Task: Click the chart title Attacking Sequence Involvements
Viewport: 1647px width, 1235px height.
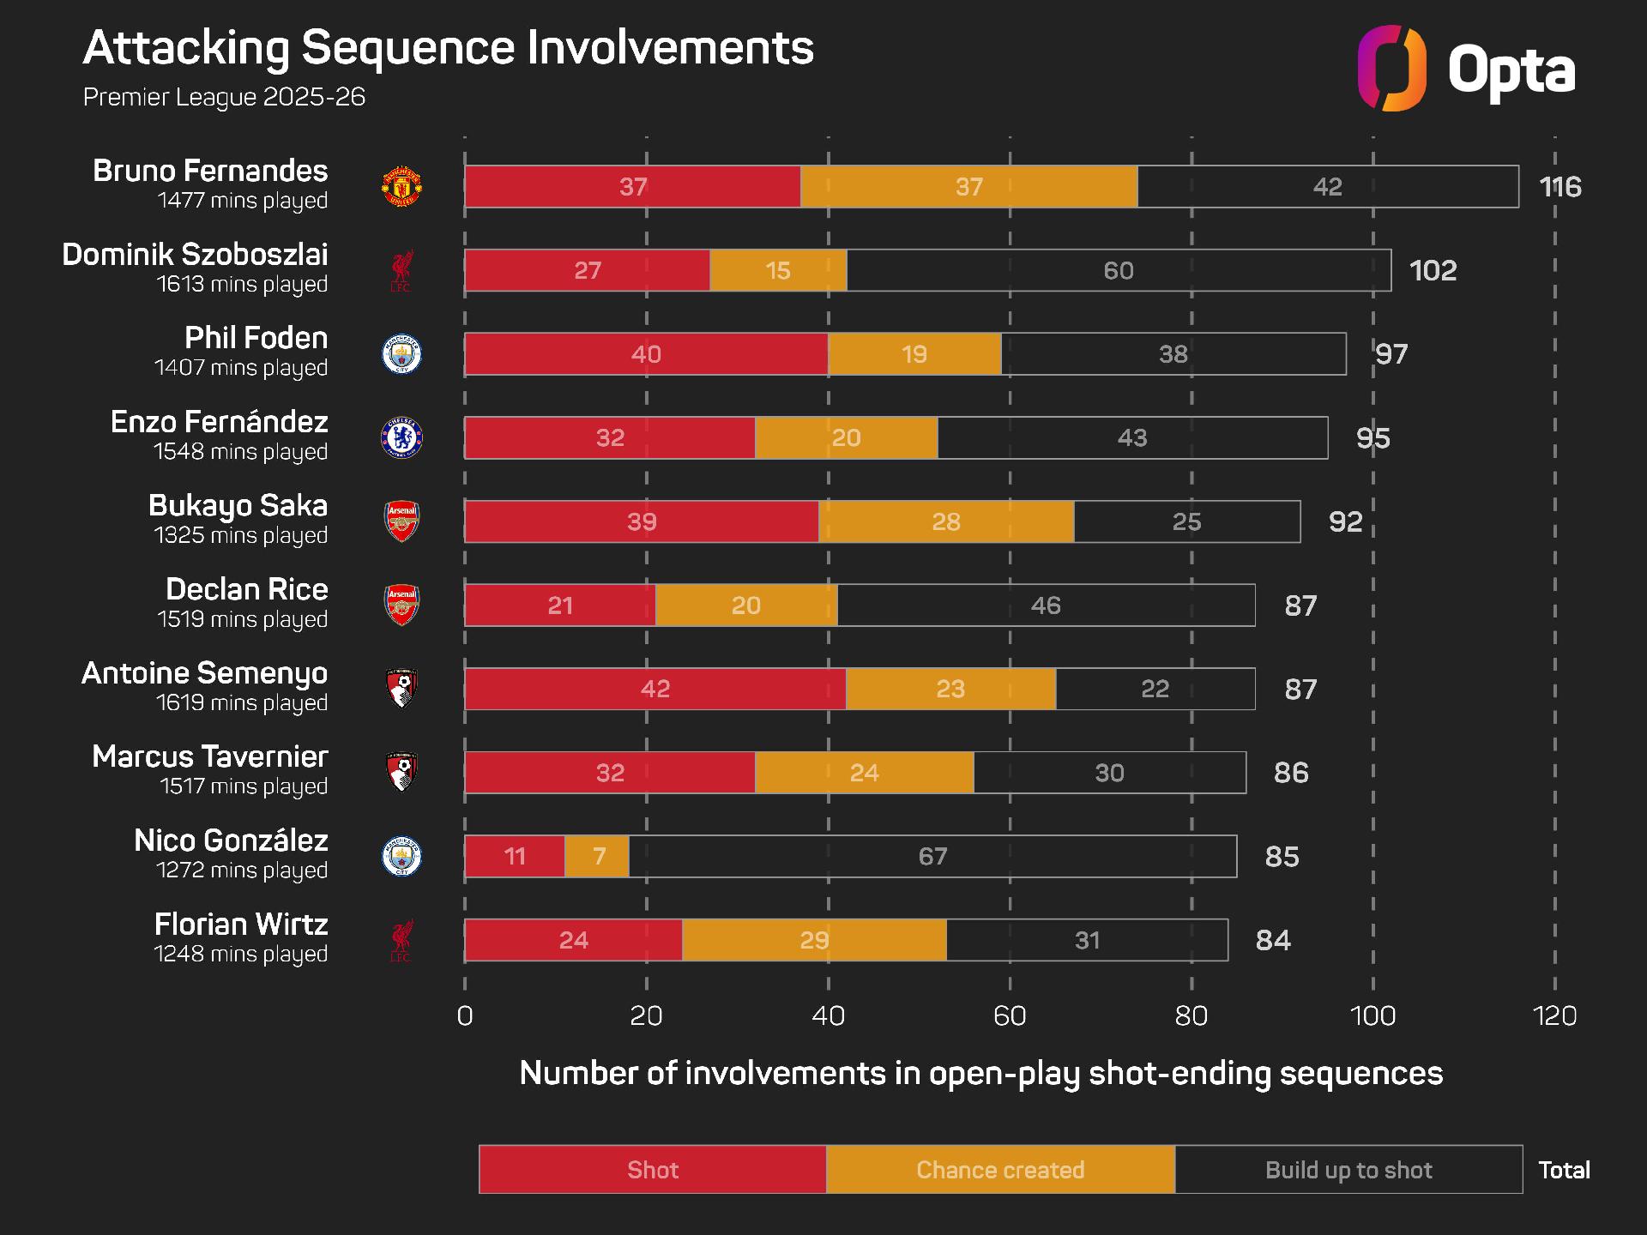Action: point(448,48)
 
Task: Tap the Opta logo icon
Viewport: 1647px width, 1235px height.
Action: point(1391,69)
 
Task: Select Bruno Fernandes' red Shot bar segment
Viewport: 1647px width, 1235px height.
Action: point(632,187)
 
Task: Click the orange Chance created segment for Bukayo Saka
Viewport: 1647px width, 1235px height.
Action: point(945,521)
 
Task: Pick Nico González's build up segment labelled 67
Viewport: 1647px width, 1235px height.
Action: point(932,856)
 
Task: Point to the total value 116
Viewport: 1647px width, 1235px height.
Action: point(1560,187)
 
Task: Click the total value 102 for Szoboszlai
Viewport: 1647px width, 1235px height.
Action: point(1433,270)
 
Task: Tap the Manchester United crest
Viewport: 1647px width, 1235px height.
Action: point(401,187)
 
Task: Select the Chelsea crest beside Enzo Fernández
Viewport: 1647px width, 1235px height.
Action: point(401,437)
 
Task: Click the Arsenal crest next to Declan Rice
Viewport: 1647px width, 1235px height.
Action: point(401,605)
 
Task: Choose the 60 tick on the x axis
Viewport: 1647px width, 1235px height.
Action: point(1010,1015)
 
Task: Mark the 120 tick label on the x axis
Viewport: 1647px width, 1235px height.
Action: point(1553,1015)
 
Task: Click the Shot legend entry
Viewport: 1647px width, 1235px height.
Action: point(653,1170)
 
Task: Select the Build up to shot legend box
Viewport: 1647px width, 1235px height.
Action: point(1348,1170)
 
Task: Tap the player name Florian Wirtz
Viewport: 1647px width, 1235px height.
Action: point(241,925)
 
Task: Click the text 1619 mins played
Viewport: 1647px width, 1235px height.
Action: point(242,702)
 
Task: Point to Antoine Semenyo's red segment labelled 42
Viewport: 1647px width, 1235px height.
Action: point(655,689)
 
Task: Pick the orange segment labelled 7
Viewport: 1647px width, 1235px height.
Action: point(598,856)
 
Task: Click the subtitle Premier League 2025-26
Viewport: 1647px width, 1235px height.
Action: point(224,97)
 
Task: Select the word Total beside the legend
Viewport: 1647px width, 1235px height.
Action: point(1564,1170)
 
